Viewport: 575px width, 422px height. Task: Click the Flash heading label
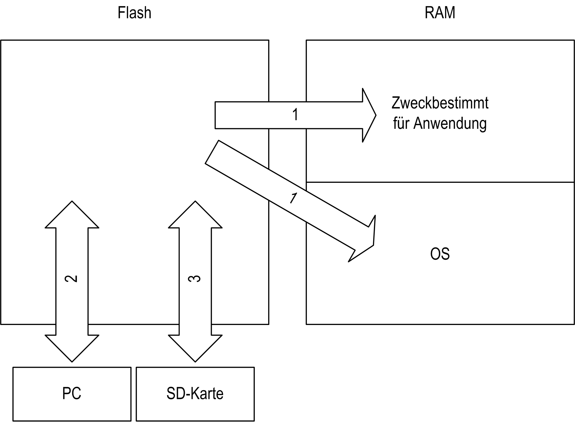[134, 13]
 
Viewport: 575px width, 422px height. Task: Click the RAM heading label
[440, 13]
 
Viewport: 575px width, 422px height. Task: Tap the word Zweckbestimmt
[440, 103]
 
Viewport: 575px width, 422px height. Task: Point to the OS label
[440, 254]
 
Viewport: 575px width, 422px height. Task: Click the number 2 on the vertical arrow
[71, 279]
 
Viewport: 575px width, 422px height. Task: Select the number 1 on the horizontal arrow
[295, 115]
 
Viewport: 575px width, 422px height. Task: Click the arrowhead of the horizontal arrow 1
[369, 115]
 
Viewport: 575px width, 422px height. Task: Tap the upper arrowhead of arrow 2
[72, 214]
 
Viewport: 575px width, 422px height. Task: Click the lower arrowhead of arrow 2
[72, 348]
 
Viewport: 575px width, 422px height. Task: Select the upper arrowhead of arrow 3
[195, 214]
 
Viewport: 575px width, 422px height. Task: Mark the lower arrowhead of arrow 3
[195, 348]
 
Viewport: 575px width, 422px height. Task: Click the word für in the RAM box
[401, 123]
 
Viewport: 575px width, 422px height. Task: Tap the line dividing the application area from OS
[440, 182]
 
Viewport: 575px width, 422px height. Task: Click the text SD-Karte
[195, 394]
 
